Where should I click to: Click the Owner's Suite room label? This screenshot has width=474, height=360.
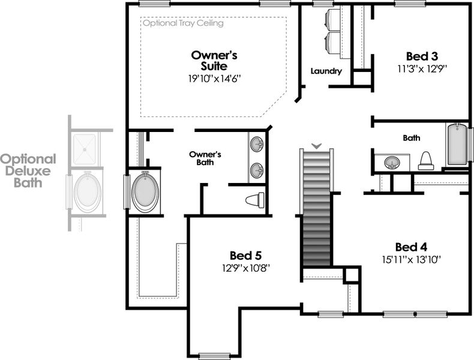(214, 61)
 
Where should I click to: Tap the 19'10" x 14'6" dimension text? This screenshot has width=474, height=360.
(214, 78)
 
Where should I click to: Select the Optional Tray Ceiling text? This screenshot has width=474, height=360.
(183, 23)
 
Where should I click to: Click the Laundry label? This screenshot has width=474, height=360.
(326, 71)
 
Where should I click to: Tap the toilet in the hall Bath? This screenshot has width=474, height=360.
(425, 160)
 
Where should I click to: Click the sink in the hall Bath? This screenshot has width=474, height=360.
(392, 163)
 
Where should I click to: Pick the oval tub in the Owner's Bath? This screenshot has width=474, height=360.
(145, 191)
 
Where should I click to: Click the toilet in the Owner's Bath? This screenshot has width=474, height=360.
(256, 200)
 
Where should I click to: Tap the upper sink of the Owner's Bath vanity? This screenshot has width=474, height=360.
(257, 145)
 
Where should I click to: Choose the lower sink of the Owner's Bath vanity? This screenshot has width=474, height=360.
(257, 170)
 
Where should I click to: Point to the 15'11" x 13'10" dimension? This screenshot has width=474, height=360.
(411, 259)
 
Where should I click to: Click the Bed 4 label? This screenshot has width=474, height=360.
(411, 247)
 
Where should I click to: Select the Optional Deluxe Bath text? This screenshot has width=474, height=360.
(28, 171)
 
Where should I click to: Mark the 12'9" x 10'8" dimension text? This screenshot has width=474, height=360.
(245, 268)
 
